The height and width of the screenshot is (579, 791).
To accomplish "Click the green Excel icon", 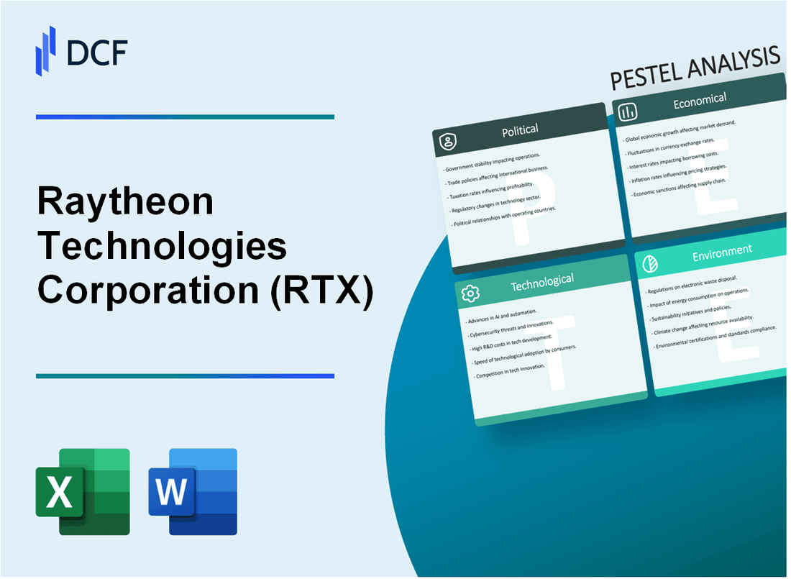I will tap(83, 491).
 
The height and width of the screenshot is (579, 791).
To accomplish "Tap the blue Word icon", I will tap(192, 491).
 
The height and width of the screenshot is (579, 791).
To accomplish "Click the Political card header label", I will tap(521, 130).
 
